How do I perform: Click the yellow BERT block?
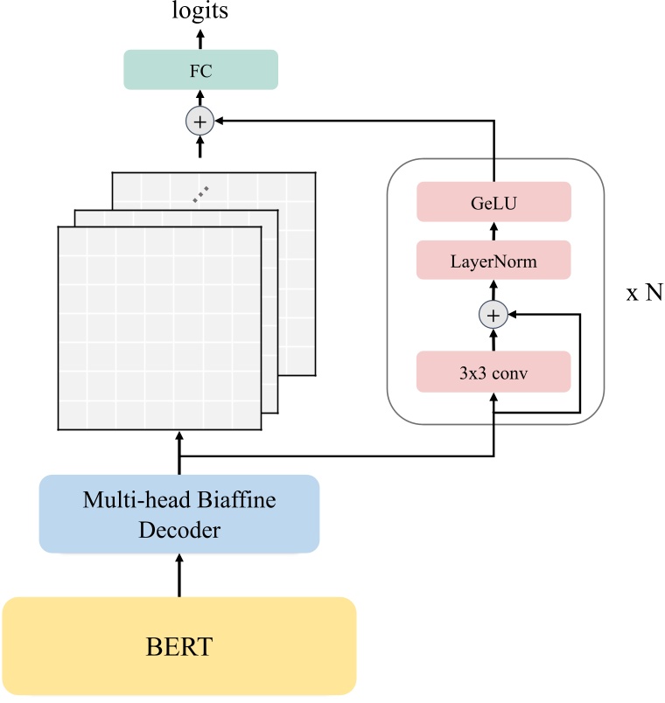179,647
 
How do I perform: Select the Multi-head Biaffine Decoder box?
179,514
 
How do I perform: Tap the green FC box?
200,69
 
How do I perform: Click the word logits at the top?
200,11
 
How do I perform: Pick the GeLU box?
493,202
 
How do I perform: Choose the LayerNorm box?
493,260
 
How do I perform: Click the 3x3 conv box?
493,371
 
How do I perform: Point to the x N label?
643,293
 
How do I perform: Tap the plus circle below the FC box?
200,122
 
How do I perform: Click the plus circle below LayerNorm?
493,315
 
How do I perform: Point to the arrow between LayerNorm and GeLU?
493,231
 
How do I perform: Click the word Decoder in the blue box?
179,529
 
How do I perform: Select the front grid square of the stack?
159,329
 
